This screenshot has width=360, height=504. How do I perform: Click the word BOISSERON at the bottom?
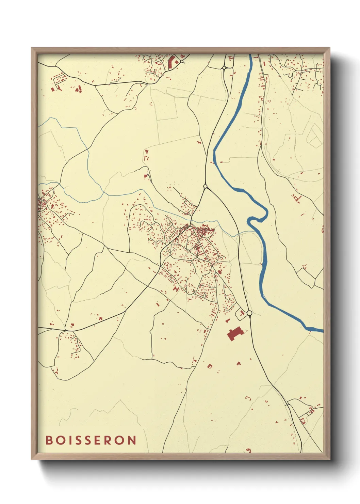[x=91, y=440]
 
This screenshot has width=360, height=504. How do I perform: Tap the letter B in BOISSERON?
[x=49, y=440]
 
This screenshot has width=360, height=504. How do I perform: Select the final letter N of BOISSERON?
[x=132, y=440]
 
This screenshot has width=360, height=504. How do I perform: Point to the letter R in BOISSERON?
[x=111, y=440]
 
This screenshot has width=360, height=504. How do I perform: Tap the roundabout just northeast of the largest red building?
[x=249, y=313]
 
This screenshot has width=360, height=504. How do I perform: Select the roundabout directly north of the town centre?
[x=205, y=186]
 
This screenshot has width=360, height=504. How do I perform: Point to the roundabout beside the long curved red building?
[x=182, y=62]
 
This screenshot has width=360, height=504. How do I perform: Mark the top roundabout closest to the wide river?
[x=225, y=68]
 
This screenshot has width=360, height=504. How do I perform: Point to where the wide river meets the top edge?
[x=250, y=56]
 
